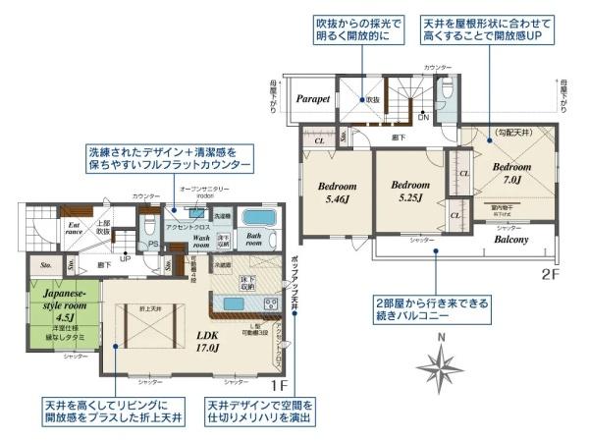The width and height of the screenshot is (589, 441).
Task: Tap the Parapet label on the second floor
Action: (x=314, y=99)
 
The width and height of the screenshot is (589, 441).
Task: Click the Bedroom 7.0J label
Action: (x=511, y=173)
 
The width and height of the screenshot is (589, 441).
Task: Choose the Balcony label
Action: (x=510, y=239)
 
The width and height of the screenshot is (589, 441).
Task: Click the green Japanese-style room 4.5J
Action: (x=62, y=309)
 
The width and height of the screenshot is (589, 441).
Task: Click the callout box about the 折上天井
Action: (x=111, y=412)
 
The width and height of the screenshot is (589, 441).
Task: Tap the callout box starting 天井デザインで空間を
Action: (x=260, y=412)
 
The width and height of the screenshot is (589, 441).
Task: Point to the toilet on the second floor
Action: (x=448, y=90)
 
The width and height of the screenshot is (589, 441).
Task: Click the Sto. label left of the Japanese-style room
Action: (x=45, y=263)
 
